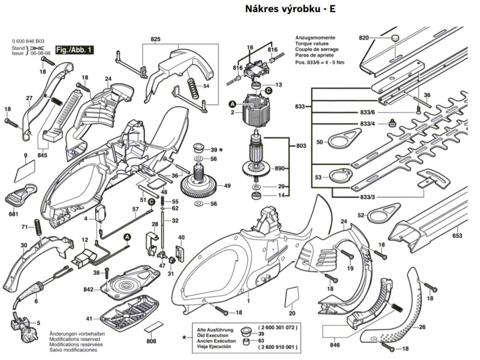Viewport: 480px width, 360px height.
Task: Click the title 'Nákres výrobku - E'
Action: click(x=291, y=9)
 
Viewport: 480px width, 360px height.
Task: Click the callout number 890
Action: click(x=280, y=168)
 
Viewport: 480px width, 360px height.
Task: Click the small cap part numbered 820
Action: click(x=395, y=37)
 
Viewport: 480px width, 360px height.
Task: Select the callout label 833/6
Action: click(x=367, y=113)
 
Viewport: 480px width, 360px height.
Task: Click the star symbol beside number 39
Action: click(x=221, y=150)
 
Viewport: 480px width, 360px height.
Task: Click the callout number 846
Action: click(x=335, y=345)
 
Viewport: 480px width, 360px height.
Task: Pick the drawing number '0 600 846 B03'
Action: click(x=29, y=42)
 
